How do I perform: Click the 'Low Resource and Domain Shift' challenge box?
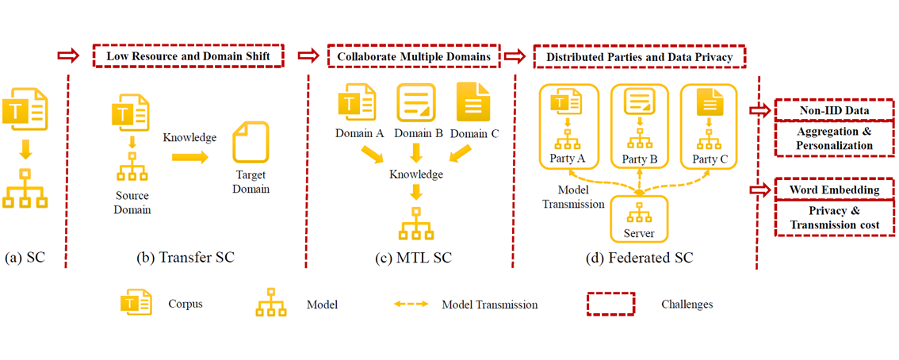[x=188, y=56]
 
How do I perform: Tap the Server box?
[x=639, y=218]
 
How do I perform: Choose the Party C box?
[x=708, y=127]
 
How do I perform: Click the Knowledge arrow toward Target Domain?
[x=189, y=158]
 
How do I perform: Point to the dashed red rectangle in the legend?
[x=610, y=304]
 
